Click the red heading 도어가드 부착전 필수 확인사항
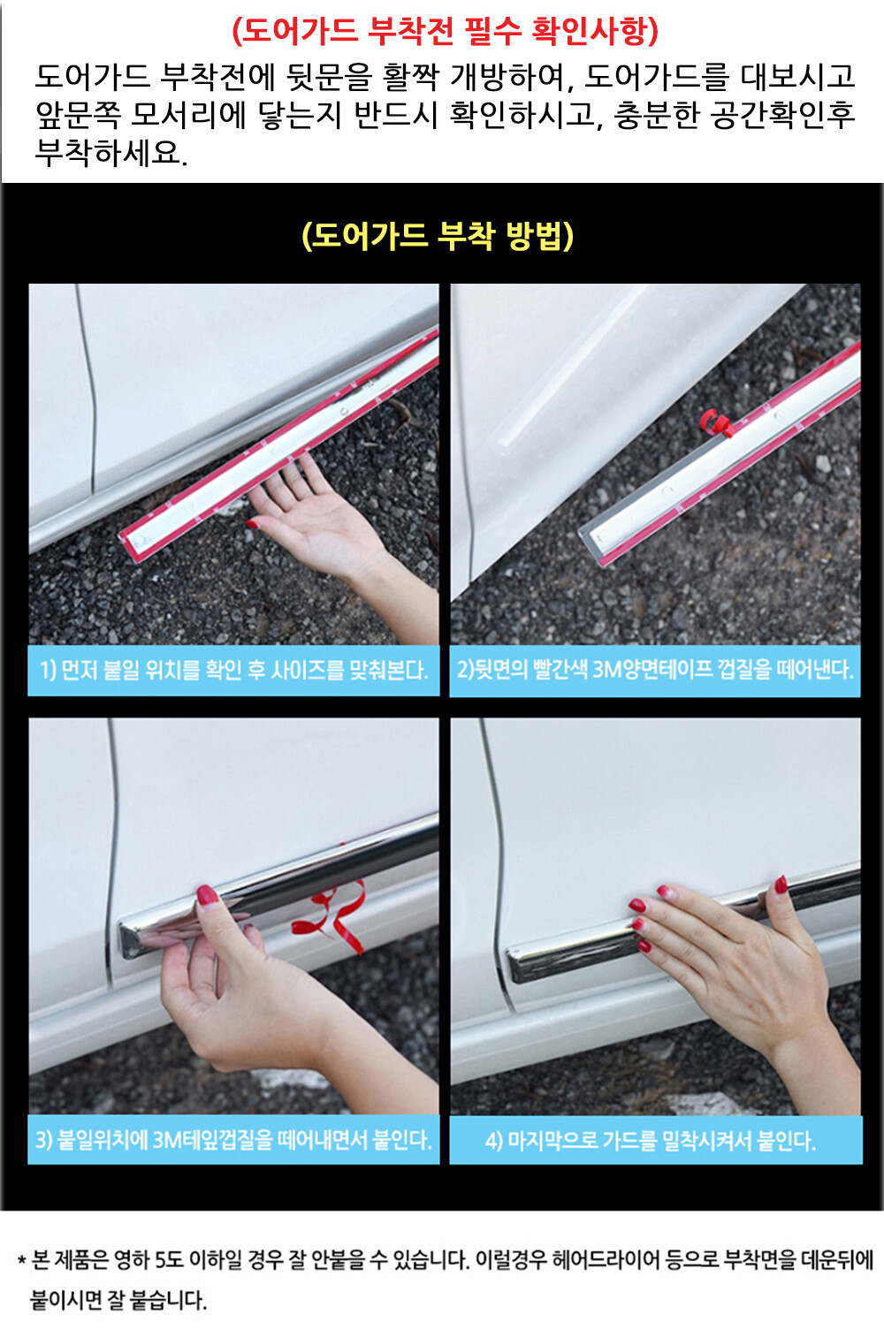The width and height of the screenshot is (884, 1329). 445,32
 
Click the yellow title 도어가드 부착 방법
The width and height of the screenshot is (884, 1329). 438,236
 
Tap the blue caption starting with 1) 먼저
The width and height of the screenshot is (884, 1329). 234,670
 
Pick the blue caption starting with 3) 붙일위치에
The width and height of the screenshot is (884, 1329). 233,1139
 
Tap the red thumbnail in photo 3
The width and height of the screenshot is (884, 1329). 206,894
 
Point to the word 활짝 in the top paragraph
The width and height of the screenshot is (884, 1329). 410,77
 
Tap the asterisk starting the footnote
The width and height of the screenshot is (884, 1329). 22,1259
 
